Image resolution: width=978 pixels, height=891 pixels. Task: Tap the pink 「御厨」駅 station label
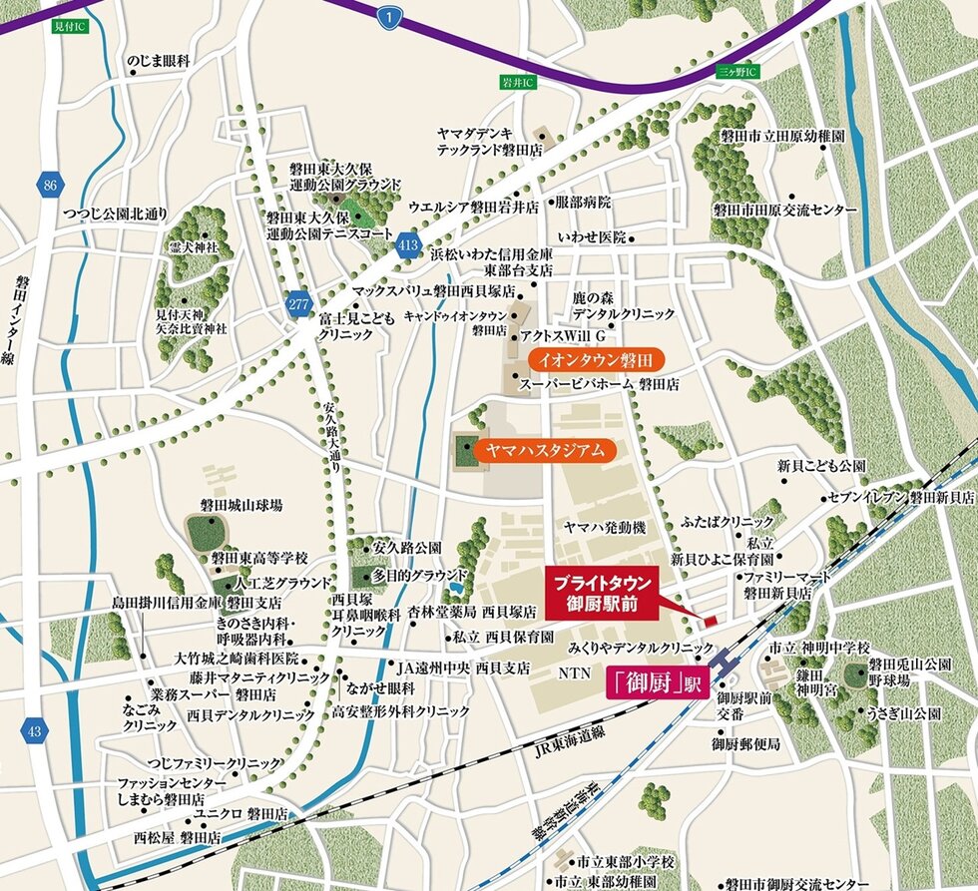655,685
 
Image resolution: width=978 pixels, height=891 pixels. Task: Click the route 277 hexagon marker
299,307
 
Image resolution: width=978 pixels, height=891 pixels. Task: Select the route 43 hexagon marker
36,732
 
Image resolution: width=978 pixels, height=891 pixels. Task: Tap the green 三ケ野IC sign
738,73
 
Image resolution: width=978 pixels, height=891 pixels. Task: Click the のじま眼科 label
158,62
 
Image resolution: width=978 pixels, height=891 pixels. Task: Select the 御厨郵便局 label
745,744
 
